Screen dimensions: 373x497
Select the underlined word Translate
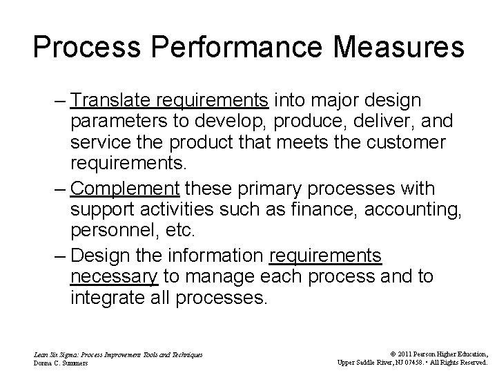(112, 101)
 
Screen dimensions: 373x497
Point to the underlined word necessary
(115, 277)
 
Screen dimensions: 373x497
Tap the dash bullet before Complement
(60, 189)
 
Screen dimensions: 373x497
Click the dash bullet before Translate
(60, 101)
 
